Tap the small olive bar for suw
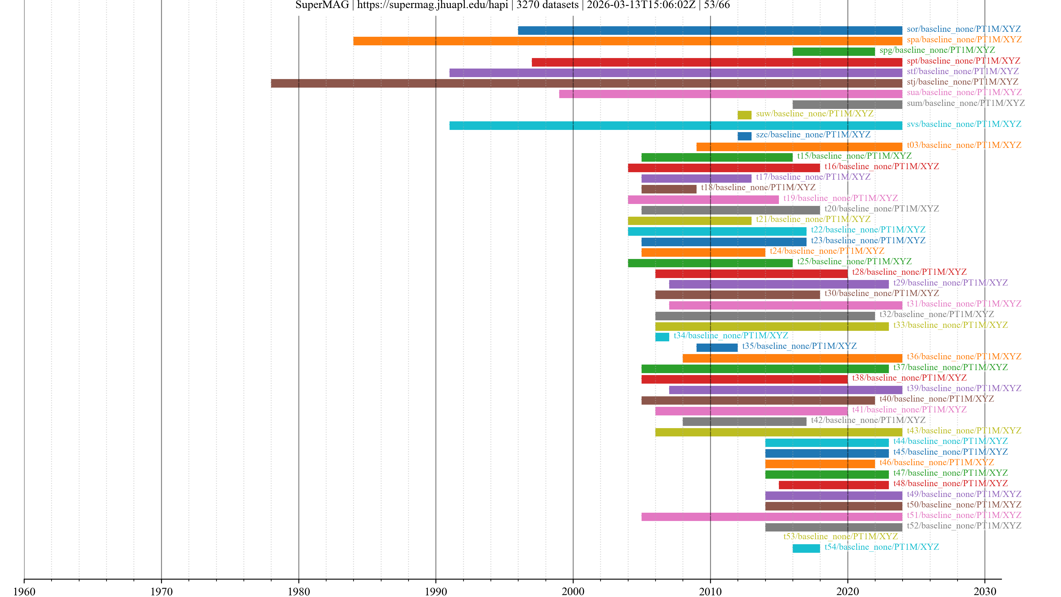pos(744,115)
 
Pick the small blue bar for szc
pos(744,136)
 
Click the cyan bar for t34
pos(662,337)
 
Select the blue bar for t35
pos(717,348)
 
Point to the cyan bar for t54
pos(806,548)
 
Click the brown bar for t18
pos(668,189)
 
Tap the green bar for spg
pos(834,51)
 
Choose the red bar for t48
pos(834,485)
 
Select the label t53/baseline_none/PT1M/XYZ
pos(840,536)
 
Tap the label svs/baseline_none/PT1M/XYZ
pos(964,124)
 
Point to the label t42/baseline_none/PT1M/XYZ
pos(868,420)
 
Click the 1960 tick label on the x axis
pos(24,592)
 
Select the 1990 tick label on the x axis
pos(436,592)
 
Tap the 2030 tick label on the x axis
pos(984,592)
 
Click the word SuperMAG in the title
pos(322,5)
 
